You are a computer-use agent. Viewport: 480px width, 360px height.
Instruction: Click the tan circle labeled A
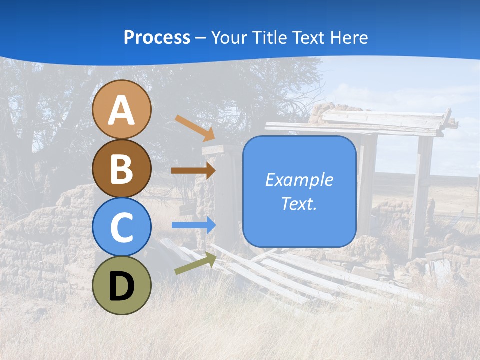click(122, 110)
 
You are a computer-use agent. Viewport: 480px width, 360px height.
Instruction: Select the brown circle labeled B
click(122, 168)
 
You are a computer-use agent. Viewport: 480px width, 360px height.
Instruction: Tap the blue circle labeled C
click(122, 227)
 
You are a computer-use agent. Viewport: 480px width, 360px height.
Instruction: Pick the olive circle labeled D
click(122, 285)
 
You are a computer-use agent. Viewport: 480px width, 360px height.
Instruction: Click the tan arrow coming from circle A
click(195, 128)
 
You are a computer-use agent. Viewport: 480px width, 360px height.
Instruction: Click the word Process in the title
click(157, 38)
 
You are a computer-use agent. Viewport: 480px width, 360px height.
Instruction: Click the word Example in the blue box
click(299, 180)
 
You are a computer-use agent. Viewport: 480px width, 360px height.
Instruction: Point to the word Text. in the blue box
click(299, 204)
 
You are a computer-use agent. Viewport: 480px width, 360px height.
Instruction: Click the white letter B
click(122, 169)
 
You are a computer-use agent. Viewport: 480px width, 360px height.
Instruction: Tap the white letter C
click(122, 227)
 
